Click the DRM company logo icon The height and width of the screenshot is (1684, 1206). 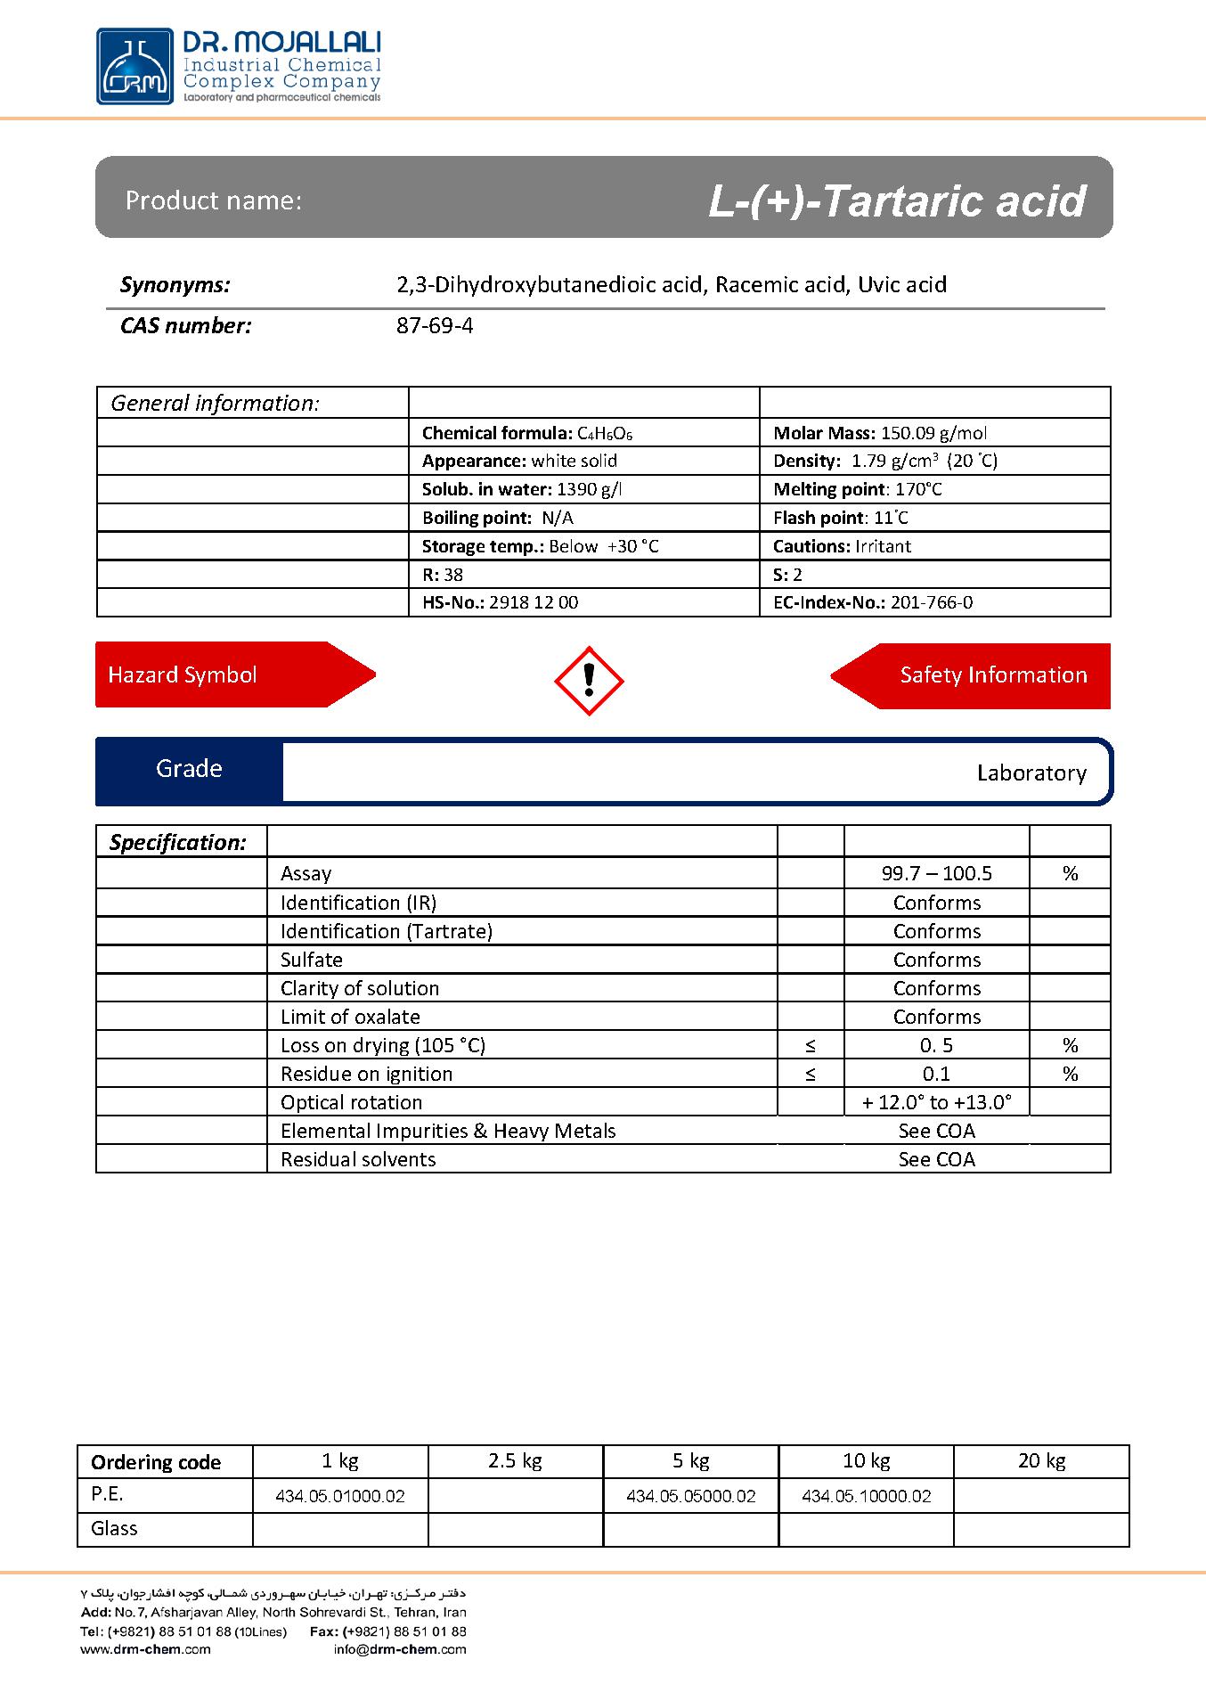135,66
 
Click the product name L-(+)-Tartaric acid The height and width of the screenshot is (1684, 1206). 897,200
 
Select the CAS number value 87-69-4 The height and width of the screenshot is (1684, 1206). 435,326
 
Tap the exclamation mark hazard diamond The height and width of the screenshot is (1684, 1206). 589,681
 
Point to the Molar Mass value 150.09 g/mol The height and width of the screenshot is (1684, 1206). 933,433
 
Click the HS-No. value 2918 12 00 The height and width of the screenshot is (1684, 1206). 534,602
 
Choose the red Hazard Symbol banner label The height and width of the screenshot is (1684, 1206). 183,674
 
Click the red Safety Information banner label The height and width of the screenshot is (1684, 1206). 993,674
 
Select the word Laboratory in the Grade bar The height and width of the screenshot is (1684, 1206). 1031,773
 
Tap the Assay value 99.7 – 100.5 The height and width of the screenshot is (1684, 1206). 936,873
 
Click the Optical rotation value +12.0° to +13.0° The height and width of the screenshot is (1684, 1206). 936,1102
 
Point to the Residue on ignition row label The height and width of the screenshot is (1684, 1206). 366,1074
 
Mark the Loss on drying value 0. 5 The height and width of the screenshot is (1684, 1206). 936,1045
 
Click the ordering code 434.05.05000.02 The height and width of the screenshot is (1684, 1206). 690,1496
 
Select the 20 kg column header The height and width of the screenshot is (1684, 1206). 1041,1460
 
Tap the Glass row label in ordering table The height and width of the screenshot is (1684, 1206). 114,1528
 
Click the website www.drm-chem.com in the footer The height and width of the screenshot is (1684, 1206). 145,1649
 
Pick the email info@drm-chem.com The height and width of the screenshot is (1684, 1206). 400,1649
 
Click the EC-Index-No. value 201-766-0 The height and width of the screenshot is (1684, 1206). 932,602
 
